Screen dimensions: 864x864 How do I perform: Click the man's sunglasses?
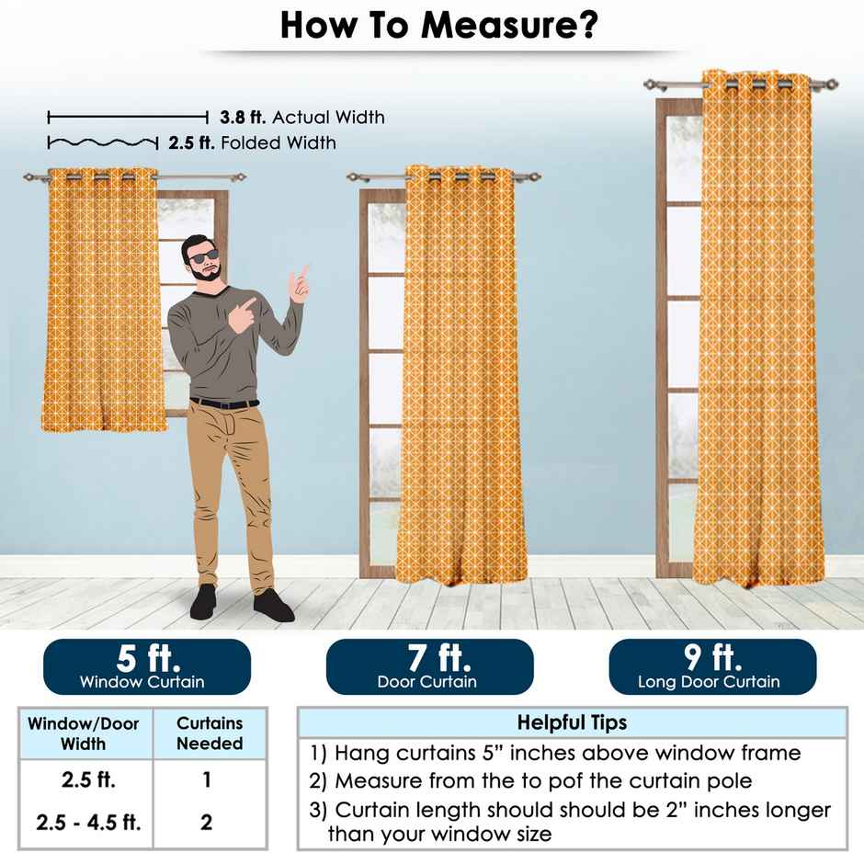pos(203,256)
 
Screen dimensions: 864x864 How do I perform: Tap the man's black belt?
pos(224,404)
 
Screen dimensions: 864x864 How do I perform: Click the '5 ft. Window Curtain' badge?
pos(147,666)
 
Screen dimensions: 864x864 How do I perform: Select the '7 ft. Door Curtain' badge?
pos(430,666)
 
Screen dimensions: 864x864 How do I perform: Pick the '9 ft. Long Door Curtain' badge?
pos(712,666)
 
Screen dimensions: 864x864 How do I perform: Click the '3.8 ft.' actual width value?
pos(243,117)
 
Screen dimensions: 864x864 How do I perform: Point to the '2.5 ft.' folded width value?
pos(191,142)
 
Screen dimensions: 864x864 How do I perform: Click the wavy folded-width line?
pos(103,143)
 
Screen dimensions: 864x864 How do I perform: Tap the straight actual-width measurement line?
pos(128,117)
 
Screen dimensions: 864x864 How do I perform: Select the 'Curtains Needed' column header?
pos(210,733)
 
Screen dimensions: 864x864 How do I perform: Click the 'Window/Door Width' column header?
pos(84,733)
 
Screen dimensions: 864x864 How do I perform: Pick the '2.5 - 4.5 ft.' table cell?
pos(89,822)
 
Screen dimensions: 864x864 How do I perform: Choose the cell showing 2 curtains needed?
pos(206,822)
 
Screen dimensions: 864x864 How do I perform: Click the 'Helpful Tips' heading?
pos(572,722)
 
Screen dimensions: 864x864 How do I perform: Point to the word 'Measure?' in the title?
pos(510,26)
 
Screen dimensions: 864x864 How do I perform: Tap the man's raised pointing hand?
pos(300,284)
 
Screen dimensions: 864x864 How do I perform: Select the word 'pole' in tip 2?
pos(728,780)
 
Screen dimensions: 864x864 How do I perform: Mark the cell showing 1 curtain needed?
pos(207,779)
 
